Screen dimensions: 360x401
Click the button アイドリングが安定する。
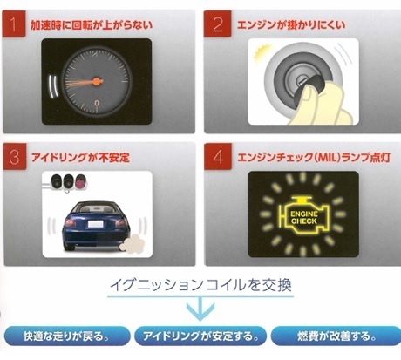pos(200,336)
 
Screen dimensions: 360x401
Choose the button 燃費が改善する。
pos(336,336)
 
